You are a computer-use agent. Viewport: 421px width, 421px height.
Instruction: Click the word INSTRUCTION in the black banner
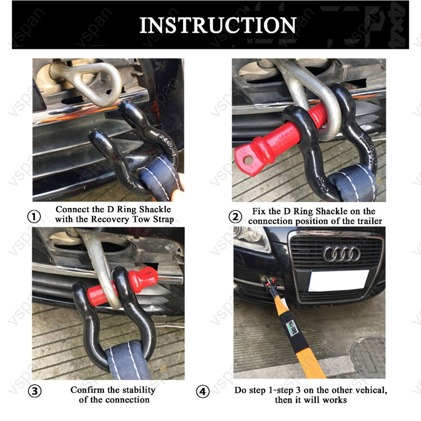point(218,25)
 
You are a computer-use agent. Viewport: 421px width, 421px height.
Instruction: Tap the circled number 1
point(34,216)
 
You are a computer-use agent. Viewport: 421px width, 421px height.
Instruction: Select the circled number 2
point(235,216)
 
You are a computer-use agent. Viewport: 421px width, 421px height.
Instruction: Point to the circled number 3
point(35,391)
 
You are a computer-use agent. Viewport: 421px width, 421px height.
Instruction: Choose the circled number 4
point(203,392)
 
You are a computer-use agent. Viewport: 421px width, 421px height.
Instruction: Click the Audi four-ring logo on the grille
point(341,254)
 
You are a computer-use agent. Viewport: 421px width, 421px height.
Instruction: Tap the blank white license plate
point(339,280)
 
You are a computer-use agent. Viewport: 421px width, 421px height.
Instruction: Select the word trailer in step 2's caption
point(369,221)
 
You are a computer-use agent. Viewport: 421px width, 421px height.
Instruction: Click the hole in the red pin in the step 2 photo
point(248,161)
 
